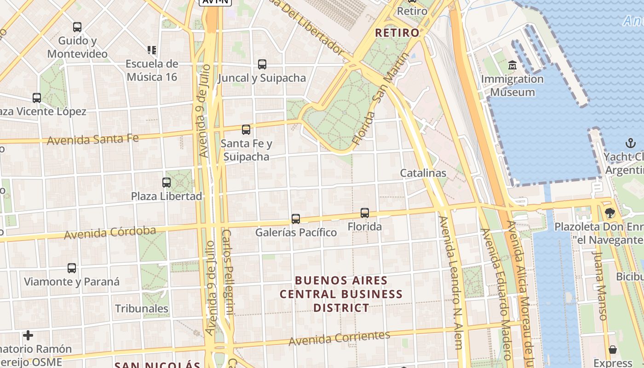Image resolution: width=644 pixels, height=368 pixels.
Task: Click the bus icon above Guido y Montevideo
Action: (x=77, y=27)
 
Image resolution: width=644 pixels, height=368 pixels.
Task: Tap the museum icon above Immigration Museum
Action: (x=512, y=65)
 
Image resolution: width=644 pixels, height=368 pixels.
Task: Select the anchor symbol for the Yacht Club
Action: (x=630, y=143)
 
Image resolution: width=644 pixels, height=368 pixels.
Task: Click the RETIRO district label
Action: (x=397, y=33)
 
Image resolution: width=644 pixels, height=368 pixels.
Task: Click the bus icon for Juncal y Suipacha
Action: (x=262, y=64)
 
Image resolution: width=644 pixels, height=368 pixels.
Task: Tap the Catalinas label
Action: (x=423, y=173)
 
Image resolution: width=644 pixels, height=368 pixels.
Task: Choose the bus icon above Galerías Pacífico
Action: (x=296, y=219)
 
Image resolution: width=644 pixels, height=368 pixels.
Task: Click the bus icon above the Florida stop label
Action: (x=365, y=213)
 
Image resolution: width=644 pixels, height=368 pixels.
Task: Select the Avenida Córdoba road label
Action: (x=110, y=233)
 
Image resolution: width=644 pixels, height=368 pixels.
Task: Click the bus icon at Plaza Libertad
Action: (x=167, y=183)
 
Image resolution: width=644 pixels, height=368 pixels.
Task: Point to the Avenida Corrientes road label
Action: (x=339, y=338)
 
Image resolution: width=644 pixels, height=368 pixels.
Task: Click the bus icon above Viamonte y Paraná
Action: (x=71, y=268)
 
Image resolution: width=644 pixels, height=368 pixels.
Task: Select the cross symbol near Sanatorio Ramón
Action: (x=28, y=335)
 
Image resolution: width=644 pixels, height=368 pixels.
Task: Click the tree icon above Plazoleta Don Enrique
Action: (x=610, y=213)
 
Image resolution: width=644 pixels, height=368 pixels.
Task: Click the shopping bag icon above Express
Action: (x=613, y=350)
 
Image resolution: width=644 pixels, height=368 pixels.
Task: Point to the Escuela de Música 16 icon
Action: (x=152, y=50)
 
